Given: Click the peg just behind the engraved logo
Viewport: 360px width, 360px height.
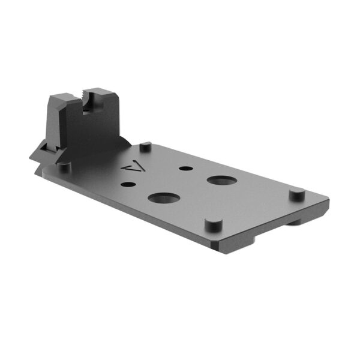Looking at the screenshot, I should pyautogui.click(x=145, y=146).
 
